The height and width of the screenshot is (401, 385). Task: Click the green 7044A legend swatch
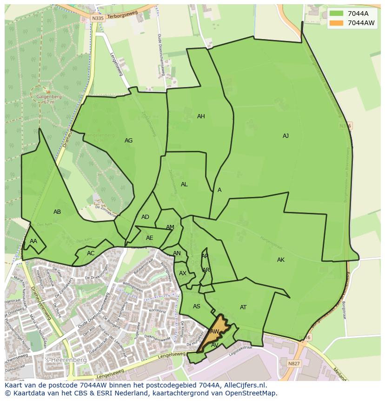pyautogui.click(x=337, y=14)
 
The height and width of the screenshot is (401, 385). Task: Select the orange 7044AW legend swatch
pyautogui.click(x=337, y=23)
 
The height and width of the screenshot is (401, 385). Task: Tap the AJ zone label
pyautogui.click(x=285, y=136)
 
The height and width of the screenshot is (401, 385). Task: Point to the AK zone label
pyautogui.click(x=280, y=260)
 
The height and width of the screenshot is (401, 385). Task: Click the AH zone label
pyautogui.click(x=201, y=116)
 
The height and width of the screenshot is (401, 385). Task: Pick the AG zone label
pyautogui.click(x=128, y=141)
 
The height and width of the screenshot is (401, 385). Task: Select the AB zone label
pyautogui.click(x=57, y=212)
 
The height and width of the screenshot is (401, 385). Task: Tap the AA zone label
pyautogui.click(x=33, y=241)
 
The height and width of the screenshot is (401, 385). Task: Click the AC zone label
pyautogui.click(x=91, y=253)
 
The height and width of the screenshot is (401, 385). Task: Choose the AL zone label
pyautogui.click(x=184, y=184)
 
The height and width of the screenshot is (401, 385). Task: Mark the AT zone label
pyautogui.click(x=243, y=307)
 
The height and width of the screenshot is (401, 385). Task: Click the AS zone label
pyautogui.click(x=197, y=306)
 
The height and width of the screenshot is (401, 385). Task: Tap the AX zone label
pyautogui.click(x=183, y=273)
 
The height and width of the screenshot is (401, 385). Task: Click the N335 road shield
pyautogui.click(x=97, y=18)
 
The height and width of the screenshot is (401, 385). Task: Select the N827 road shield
pyautogui.click(x=294, y=364)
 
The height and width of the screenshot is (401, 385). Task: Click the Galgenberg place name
pyautogui.click(x=49, y=97)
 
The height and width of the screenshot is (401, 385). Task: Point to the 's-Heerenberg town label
pyautogui.click(x=60, y=360)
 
